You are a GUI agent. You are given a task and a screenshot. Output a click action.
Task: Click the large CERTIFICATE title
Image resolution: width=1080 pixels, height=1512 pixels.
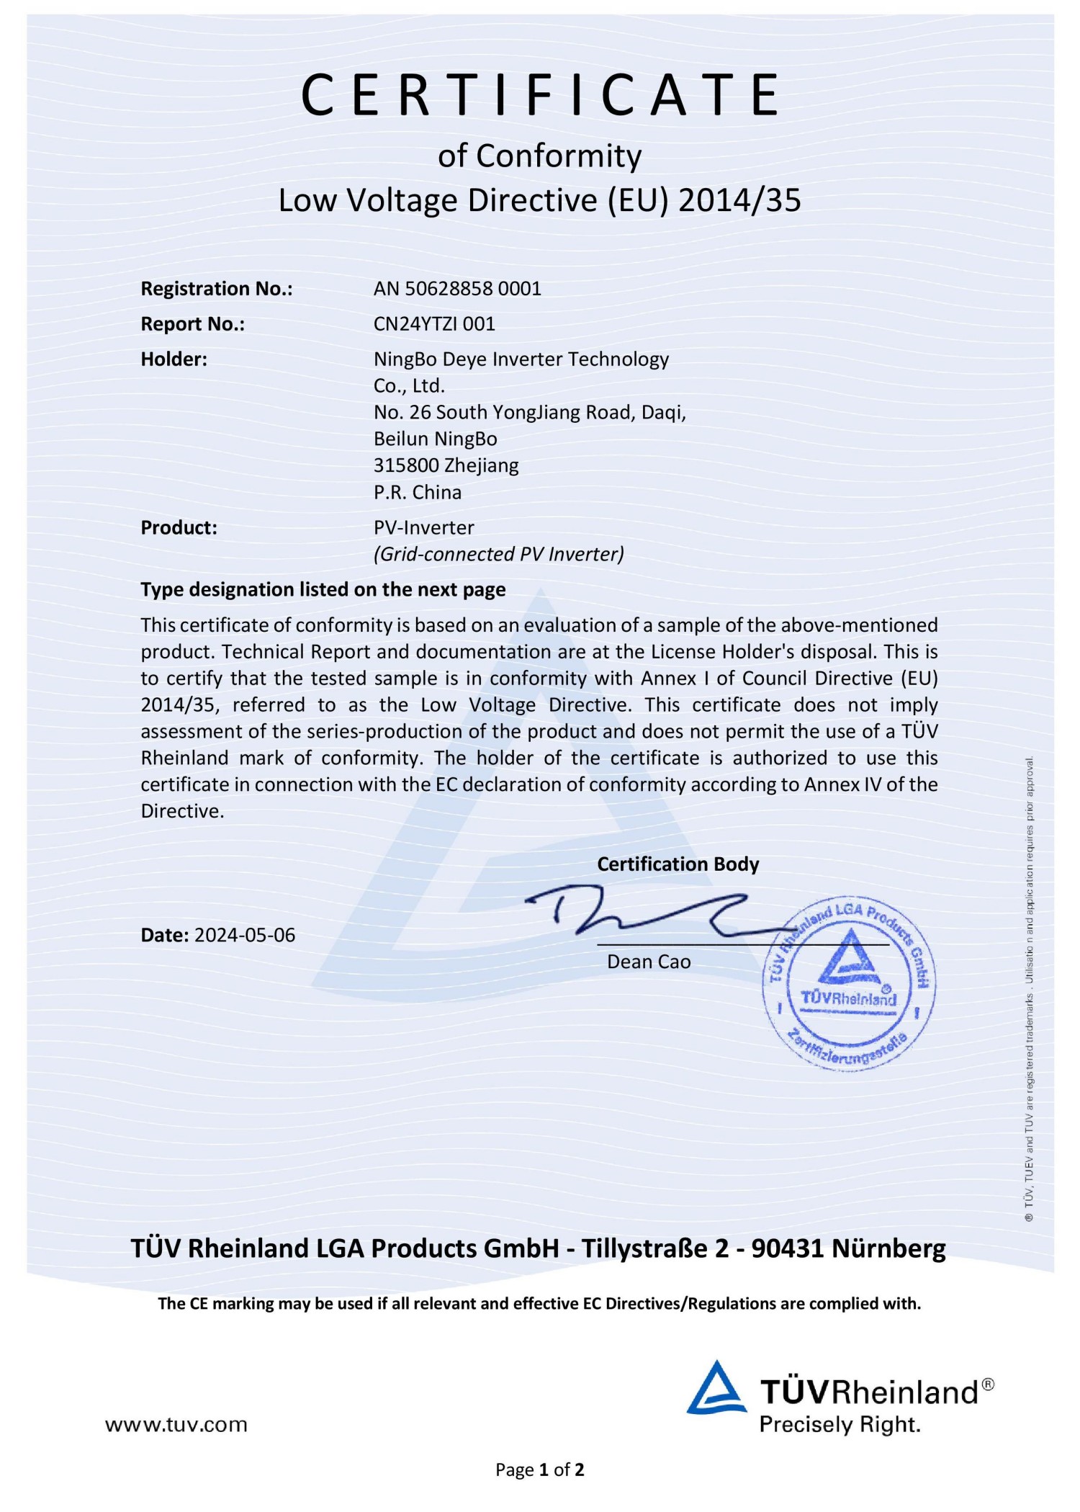540,95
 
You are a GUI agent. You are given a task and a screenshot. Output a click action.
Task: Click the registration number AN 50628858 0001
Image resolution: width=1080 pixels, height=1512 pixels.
457,289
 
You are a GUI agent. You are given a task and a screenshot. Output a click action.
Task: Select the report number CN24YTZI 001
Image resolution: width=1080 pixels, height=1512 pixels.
434,324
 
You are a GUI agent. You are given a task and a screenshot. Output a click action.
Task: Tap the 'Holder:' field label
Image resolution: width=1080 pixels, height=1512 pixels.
174,359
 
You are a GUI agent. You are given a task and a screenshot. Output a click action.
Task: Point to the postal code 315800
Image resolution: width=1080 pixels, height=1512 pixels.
406,465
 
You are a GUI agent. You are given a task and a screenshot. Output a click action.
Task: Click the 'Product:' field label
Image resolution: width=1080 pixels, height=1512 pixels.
179,527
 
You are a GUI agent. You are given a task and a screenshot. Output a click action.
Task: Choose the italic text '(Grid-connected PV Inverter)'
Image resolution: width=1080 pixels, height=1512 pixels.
498,554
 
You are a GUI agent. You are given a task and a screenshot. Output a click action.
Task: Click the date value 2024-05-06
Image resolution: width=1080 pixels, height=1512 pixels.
245,935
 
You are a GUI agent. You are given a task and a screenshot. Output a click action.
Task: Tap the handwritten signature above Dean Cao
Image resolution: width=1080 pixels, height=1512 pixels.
648,913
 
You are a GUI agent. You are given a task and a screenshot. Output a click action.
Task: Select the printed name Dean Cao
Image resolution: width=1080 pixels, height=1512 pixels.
649,962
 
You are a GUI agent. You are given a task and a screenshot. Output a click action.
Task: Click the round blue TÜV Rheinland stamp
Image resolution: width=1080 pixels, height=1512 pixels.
849,984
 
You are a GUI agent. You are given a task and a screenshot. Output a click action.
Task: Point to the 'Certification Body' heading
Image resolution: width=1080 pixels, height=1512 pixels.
678,864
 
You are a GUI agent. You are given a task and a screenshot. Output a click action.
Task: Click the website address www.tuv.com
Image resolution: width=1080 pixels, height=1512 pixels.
176,1424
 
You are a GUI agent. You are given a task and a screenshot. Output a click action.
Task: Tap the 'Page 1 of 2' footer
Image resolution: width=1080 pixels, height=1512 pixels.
539,1469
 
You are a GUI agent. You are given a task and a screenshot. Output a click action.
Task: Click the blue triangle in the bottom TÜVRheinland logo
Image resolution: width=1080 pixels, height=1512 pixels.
716,1390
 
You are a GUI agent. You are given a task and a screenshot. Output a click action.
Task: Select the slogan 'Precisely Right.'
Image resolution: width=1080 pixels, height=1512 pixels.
840,1424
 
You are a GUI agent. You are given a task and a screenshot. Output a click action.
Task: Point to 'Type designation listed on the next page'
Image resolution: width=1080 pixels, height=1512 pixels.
323,589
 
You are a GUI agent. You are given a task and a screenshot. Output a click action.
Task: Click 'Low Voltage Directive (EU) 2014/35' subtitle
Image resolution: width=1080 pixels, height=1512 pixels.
539,200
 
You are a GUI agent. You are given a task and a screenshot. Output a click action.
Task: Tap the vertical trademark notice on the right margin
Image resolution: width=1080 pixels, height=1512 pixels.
1030,987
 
